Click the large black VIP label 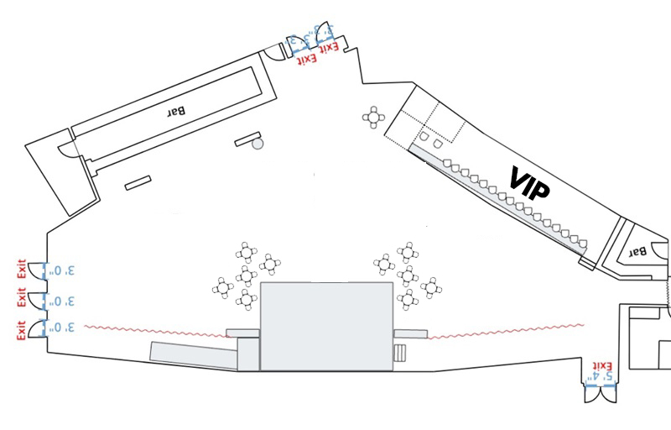click(x=530, y=182)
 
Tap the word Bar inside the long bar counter click(x=175, y=110)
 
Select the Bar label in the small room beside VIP click(x=639, y=250)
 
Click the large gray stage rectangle click(x=326, y=327)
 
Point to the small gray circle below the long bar click(x=257, y=144)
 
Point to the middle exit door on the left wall click(x=36, y=300)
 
